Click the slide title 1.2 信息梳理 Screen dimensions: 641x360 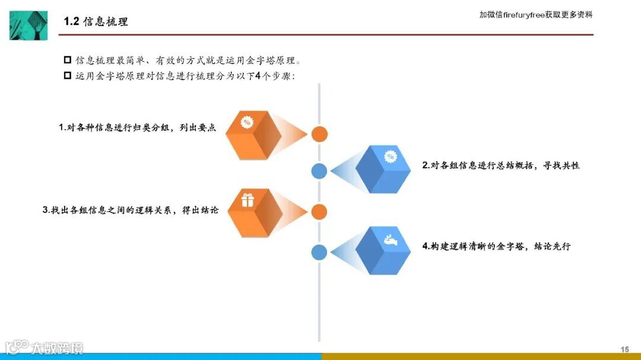pyautogui.click(x=96, y=22)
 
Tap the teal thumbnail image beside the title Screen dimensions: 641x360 pyautogui.click(x=28, y=26)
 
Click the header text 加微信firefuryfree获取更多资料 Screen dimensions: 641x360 pyautogui.click(x=535, y=15)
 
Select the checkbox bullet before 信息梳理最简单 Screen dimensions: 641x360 pyautogui.click(x=67, y=60)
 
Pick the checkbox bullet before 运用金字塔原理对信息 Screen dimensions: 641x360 pyautogui.click(x=67, y=76)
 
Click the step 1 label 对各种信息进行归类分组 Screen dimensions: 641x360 pyautogui.click(x=137, y=128)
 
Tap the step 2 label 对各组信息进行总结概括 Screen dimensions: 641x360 pyautogui.click(x=500, y=165)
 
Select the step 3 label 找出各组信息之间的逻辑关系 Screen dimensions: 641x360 pyautogui.click(x=131, y=210)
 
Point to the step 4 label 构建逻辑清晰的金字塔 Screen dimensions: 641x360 pyautogui.click(x=496, y=246)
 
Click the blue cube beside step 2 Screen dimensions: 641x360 pyautogui.click(x=383, y=169)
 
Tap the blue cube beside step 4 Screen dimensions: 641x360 pyautogui.click(x=383, y=250)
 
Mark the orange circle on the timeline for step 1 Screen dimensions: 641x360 pyautogui.click(x=319, y=134)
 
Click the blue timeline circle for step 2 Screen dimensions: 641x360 pyautogui.click(x=319, y=171)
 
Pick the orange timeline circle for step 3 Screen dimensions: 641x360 pyautogui.click(x=319, y=212)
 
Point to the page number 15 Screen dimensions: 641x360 pyautogui.click(x=624, y=349)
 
